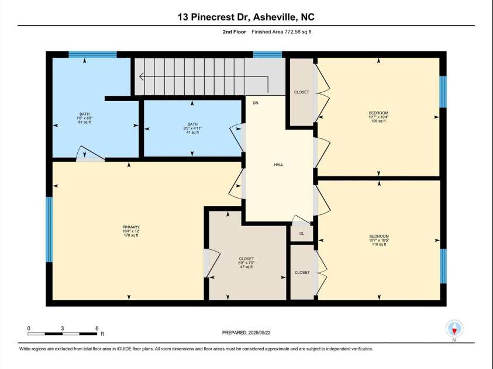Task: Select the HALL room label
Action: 278,165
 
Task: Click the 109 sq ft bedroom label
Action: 378,117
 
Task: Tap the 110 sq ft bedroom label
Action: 378,241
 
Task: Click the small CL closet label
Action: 302,234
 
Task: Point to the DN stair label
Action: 256,103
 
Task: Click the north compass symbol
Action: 454,328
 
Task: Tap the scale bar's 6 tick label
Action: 96,328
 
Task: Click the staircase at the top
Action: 199,76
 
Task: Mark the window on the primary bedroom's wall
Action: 49,229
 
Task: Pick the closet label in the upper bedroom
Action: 302,92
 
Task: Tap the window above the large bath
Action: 92,55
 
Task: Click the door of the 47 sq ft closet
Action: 211,263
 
